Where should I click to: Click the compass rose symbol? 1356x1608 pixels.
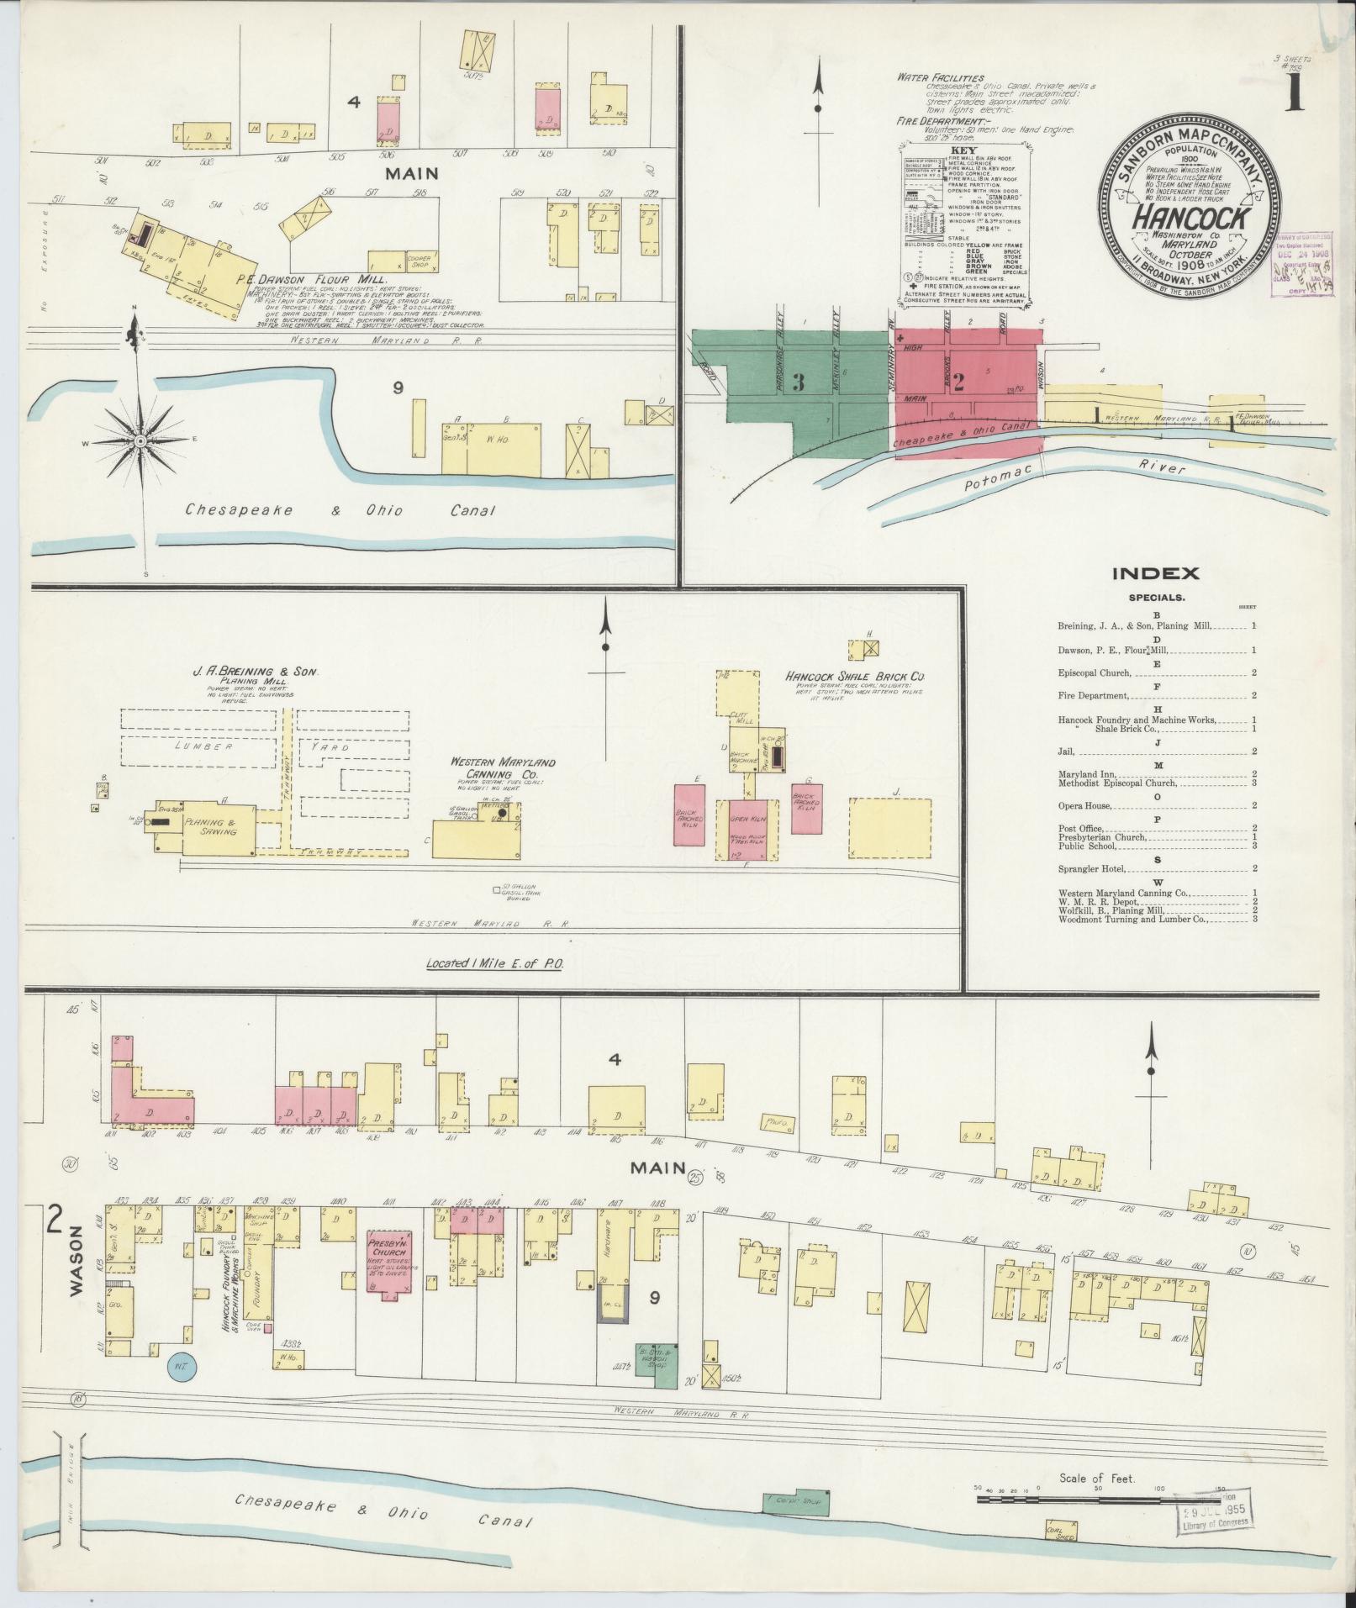[x=140, y=440]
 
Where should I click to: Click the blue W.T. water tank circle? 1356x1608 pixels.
[x=180, y=1366]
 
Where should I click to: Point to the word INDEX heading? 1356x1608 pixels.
[x=1156, y=574]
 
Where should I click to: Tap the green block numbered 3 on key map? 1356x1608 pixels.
[x=798, y=382]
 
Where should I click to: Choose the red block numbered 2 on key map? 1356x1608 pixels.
[x=957, y=377]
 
